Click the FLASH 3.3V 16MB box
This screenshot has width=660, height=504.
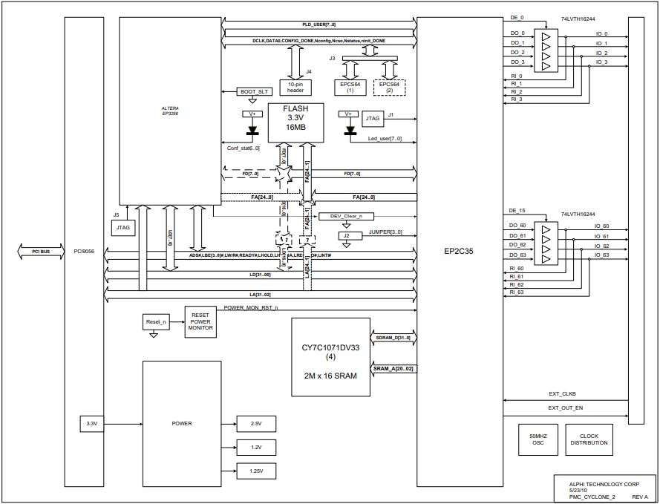tap(296, 122)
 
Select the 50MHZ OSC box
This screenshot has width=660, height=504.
tap(538, 439)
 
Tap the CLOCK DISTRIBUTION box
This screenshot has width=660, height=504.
tap(589, 439)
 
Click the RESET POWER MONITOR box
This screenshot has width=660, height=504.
tap(200, 321)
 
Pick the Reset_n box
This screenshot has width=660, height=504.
tap(154, 322)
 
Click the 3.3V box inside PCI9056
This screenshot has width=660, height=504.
tap(92, 424)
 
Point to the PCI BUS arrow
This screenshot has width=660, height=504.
tap(41, 252)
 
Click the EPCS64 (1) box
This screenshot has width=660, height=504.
tap(350, 87)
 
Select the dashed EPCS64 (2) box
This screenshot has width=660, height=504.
tap(390, 87)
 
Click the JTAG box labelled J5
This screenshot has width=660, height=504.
tap(122, 229)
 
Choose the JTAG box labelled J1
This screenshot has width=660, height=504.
tap(373, 117)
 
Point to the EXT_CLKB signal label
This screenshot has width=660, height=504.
tap(563, 394)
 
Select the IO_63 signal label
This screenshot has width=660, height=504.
tap(601, 255)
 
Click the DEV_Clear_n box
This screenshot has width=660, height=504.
tap(347, 216)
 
